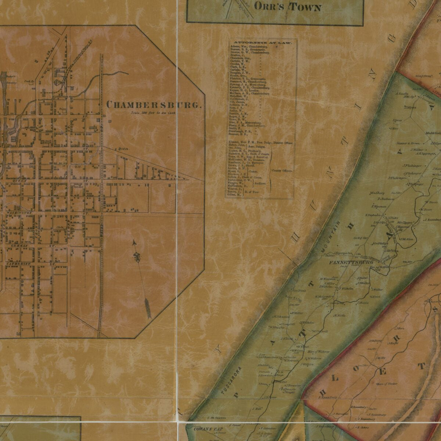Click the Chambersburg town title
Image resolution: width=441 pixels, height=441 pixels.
pyautogui.click(x=154, y=105)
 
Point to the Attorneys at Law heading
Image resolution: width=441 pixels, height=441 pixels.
pyautogui.click(x=264, y=43)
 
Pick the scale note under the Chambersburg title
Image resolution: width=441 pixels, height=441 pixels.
pyautogui.click(x=154, y=113)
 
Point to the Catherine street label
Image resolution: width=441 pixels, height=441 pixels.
pyautogui.click(x=18, y=264)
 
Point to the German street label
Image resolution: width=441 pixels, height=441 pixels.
pyautogui.click(x=18, y=245)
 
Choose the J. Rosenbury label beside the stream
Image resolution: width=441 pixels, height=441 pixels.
pyautogui.click(x=432, y=220)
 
